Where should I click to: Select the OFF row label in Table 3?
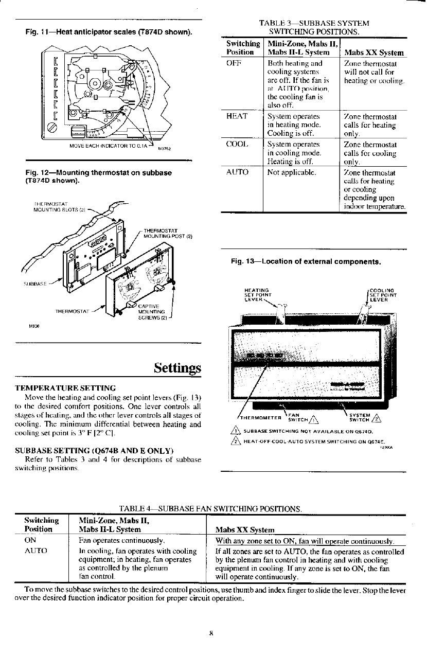(x=235, y=63)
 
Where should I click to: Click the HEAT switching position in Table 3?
(x=237, y=116)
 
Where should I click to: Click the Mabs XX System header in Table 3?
(x=374, y=52)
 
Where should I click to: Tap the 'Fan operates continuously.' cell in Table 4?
(x=121, y=541)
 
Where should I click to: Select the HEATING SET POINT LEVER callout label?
(x=257, y=295)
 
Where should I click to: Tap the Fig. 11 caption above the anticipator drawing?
(x=110, y=33)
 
